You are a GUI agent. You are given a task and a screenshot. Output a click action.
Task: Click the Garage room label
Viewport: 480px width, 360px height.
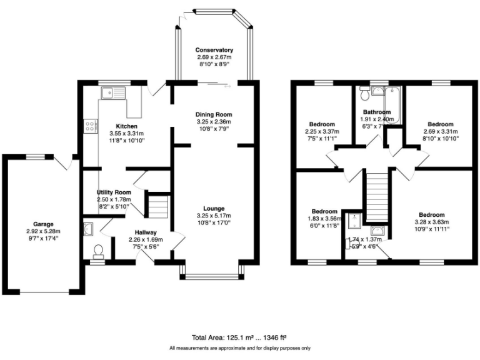pyautogui.click(x=43, y=223)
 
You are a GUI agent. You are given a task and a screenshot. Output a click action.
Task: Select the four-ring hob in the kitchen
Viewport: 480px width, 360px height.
pyautogui.click(x=91, y=126)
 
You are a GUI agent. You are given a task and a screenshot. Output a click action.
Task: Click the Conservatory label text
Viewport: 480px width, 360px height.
pyautogui.click(x=214, y=50)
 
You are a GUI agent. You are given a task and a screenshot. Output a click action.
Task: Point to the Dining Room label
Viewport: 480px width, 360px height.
pyautogui.click(x=214, y=114)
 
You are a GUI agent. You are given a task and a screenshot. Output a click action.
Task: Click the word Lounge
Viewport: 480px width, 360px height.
pyautogui.click(x=214, y=208)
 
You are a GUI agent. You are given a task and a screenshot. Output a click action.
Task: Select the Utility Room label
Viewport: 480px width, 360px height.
pyautogui.click(x=114, y=192)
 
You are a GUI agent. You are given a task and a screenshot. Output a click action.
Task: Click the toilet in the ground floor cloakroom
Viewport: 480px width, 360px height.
pyautogui.click(x=97, y=251)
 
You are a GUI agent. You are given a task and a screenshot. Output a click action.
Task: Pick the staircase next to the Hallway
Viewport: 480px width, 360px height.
pyautogui.click(x=158, y=206)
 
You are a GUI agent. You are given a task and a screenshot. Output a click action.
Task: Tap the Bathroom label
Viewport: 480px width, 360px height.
pyautogui.click(x=377, y=112)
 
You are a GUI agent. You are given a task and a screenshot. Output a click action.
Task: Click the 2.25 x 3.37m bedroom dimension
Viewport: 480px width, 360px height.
pyautogui.click(x=322, y=131)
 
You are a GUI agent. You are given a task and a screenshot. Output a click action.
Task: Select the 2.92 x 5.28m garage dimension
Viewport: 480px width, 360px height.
pyautogui.click(x=43, y=231)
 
